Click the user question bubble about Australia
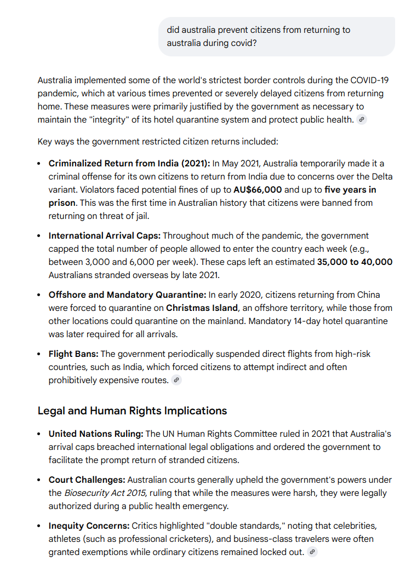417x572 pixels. (276, 36)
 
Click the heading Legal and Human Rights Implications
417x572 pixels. (132, 411)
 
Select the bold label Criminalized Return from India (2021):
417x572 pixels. (129, 163)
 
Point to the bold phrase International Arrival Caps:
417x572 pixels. (105, 235)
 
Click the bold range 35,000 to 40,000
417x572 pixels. (355, 262)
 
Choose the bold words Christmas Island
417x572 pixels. (202, 308)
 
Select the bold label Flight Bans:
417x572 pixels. (73, 354)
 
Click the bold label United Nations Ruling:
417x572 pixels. (96, 434)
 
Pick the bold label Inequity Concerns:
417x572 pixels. (89, 525)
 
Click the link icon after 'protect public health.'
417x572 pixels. (361, 120)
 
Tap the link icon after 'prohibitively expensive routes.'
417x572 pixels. (176, 380)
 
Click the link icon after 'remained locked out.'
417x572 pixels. (312, 552)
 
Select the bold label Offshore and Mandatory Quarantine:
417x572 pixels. (127, 294)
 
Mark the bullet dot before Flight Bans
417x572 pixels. (39, 354)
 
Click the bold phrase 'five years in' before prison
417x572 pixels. (350, 189)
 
